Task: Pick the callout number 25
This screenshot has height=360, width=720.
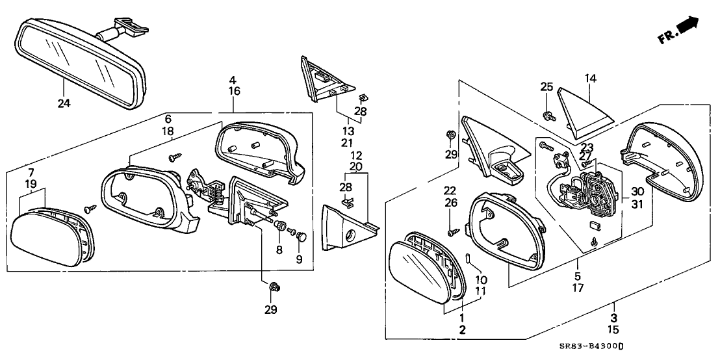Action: [x=546, y=86]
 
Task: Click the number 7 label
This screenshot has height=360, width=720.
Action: [x=31, y=172]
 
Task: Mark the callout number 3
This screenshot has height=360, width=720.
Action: [x=613, y=317]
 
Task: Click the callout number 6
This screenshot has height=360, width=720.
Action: [x=168, y=119]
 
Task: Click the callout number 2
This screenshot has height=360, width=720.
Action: [x=463, y=331]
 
